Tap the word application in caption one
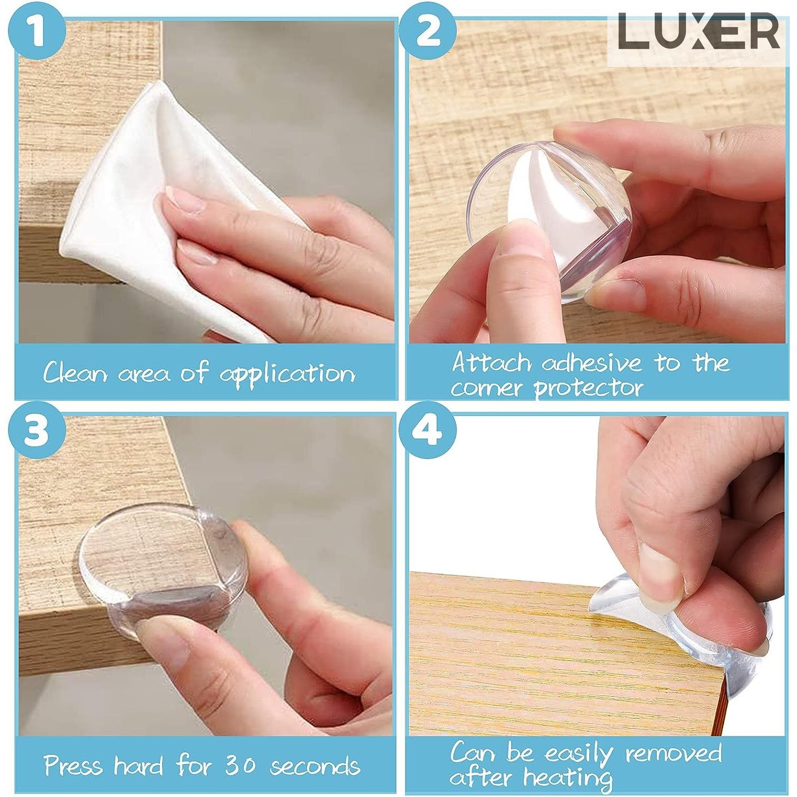click(287, 374)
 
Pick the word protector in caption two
click(588, 388)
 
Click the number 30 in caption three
click(240, 766)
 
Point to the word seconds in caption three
click(315, 766)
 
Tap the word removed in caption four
click(674, 753)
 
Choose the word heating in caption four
click(567, 779)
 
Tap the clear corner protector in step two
click(549, 221)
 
